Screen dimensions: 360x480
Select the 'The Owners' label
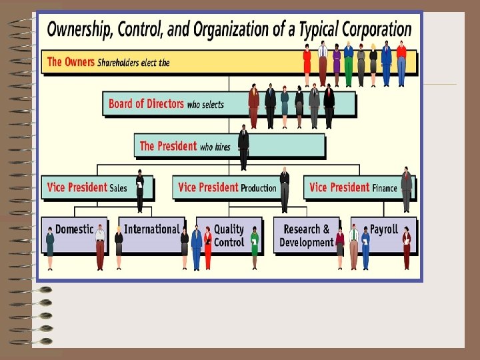click(71, 62)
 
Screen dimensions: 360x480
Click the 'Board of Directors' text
click(146, 103)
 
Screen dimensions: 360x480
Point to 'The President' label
click(168, 146)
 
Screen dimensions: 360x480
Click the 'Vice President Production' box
click(227, 187)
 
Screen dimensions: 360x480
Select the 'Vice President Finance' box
click(353, 187)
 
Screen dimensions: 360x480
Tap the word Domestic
click(74, 229)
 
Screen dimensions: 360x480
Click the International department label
click(151, 229)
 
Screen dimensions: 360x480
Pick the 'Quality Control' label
click(229, 236)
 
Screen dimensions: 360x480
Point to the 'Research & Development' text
click(306, 236)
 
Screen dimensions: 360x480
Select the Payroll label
click(383, 229)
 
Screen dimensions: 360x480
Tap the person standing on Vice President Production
click(285, 189)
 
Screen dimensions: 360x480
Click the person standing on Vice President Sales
click(140, 191)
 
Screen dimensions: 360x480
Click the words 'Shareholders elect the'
click(133, 63)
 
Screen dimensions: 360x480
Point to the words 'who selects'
click(205, 104)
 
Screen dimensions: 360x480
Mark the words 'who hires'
click(215, 147)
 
